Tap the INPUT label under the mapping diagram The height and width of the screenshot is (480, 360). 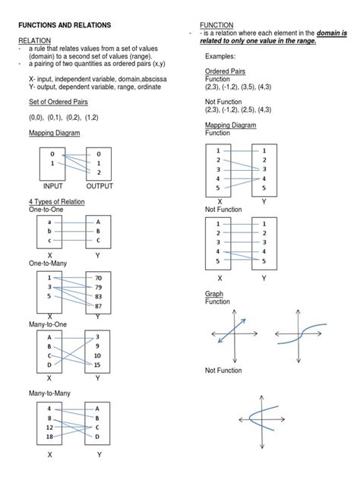pyautogui.click(x=52, y=185)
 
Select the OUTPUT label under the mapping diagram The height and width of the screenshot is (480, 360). pyautogui.click(x=99, y=185)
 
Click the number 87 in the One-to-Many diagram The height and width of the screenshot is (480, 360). pyautogui.click(x=98, y=305)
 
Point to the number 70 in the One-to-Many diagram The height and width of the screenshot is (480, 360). pyautogui.click(x=98, y=278)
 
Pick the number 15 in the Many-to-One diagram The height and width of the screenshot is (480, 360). pyautogui.click(x=98, y=365)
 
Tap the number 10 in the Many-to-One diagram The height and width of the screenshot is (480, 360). pyautogui.click(x=98, y=355)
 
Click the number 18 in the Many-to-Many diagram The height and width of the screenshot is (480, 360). pyautogui.click(x=50, y=437)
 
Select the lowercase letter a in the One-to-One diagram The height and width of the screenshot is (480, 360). pyautogui.click(x=50, y=221)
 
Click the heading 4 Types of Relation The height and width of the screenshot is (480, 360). pyautogui.click(x=56, y=201)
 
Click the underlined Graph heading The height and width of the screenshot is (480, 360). pyautogui.click(x=214, y=294)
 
